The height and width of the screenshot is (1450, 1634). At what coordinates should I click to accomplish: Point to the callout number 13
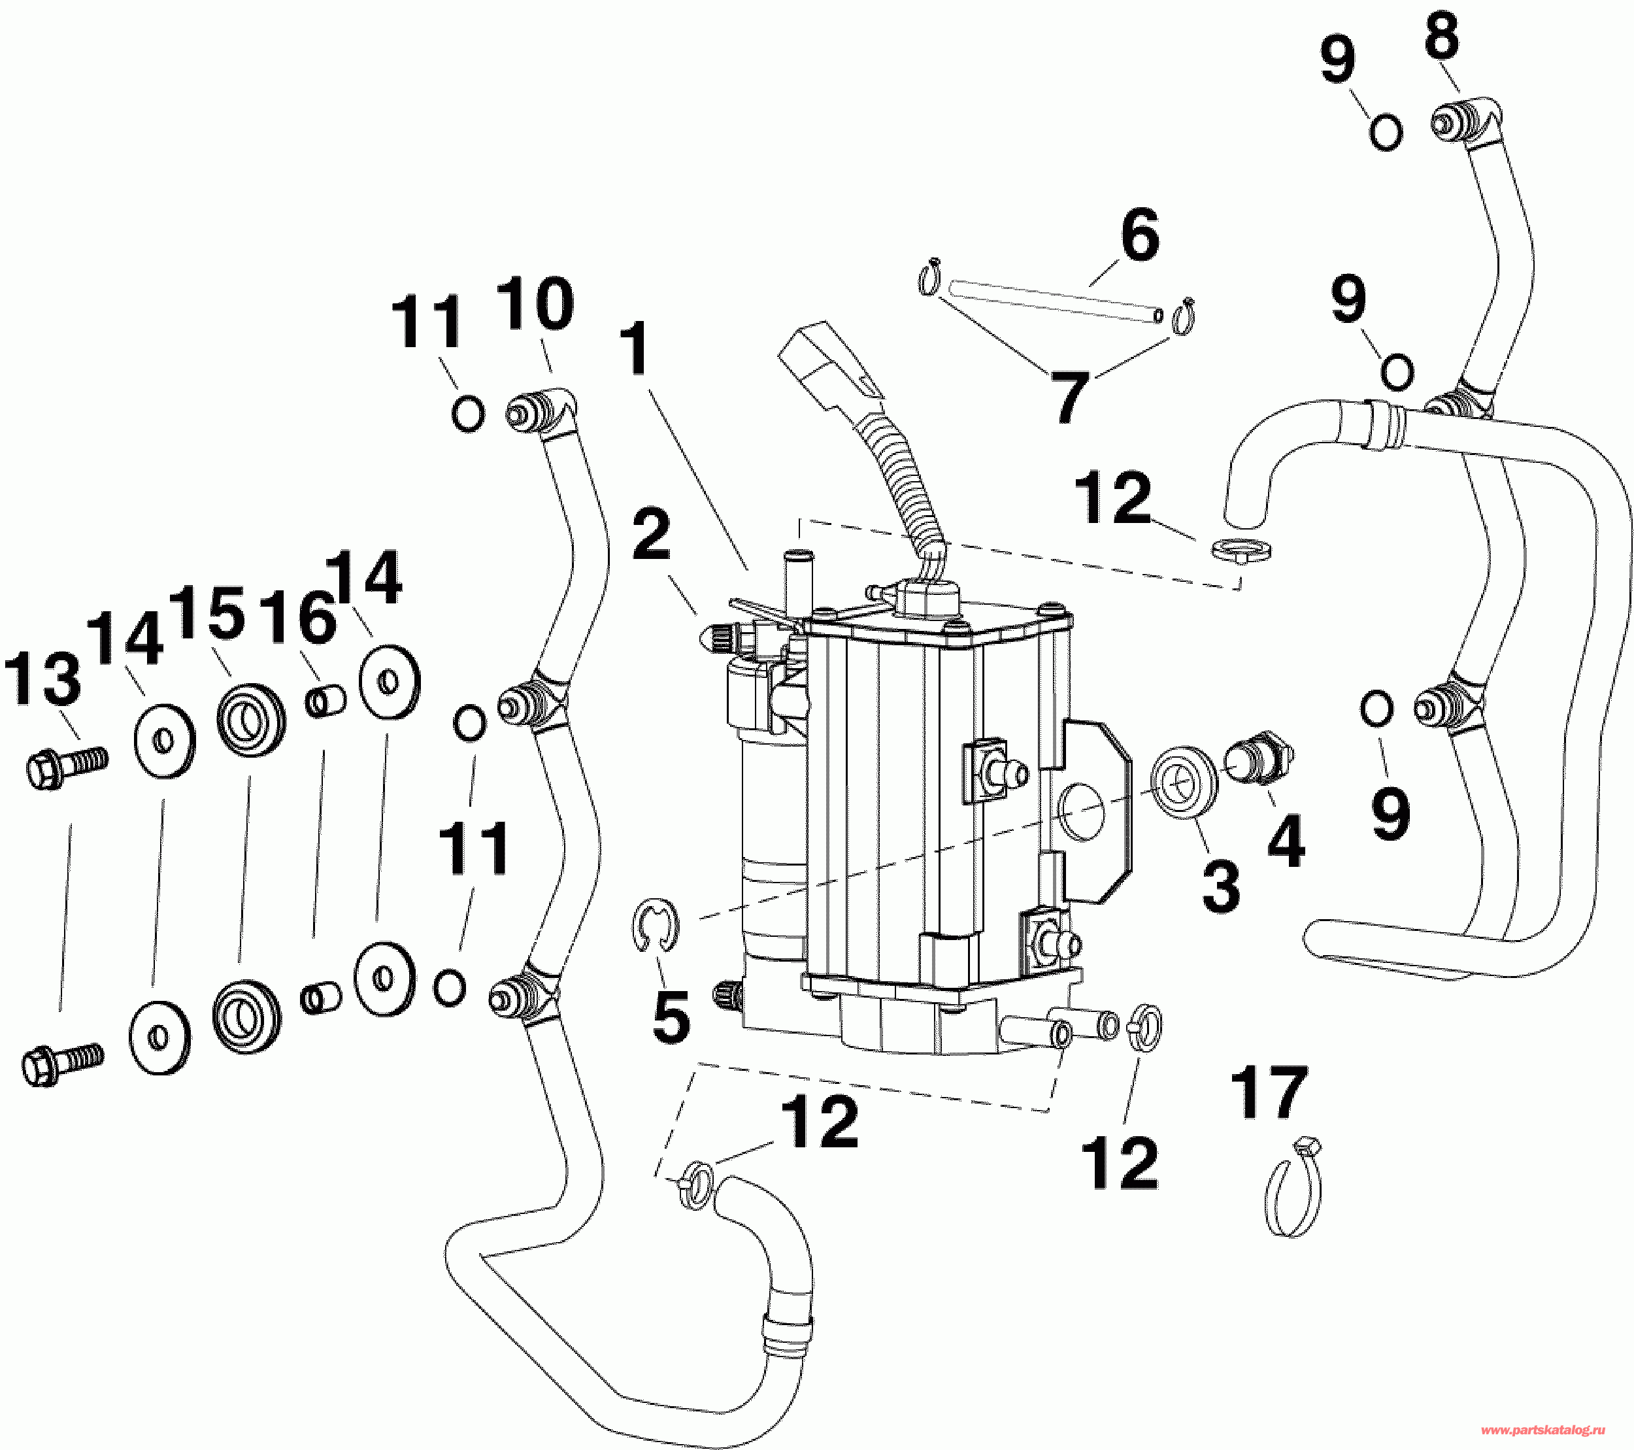point(43,678)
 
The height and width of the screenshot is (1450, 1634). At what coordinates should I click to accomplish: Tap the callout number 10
point(535,305)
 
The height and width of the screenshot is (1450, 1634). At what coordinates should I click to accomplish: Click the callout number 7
point(1069,397)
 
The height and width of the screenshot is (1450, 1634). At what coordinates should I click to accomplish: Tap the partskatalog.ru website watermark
point(1555,1429)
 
